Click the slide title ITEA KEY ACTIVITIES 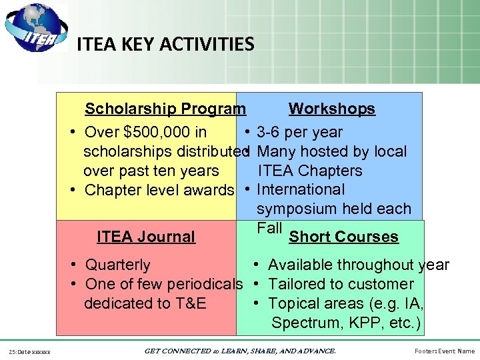(x=165, y=45)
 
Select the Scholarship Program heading (x=165, y=109)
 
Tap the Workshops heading (x=331, y=109)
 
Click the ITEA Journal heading (x=146, y=237)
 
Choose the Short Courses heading (x=343, y=237)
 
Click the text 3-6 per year (x=299, y=132)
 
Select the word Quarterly (x=118, y=265)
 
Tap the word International (x=301, y=190)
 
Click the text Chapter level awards (x=159, y=190)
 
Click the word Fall (x=269, y=227)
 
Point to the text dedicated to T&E (x=145, y=303)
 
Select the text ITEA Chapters (x=309, y=171)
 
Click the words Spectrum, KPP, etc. (x=346, y=323)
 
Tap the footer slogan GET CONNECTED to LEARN (x=239, y=351)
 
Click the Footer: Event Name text (x=443, y=351)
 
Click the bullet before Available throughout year (x=256, y=265)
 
